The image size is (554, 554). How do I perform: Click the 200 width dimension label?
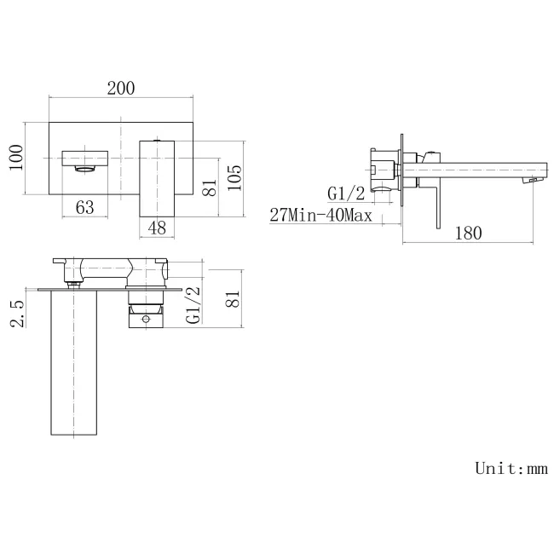122,89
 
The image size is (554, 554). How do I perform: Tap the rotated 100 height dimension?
16,158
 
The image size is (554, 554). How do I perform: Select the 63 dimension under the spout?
85,207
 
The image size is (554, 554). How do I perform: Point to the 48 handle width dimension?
157,228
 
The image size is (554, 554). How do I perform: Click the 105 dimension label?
235,176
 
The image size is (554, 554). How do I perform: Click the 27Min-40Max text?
320,215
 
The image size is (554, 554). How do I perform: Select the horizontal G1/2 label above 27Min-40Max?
347,193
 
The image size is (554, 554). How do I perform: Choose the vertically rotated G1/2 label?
193,304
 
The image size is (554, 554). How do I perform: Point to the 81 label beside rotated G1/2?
235,298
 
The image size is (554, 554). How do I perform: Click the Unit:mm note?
510,468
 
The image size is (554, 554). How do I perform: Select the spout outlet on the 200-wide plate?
86,169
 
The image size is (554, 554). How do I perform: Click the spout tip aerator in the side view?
534,181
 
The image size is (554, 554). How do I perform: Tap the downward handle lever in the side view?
436,205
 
